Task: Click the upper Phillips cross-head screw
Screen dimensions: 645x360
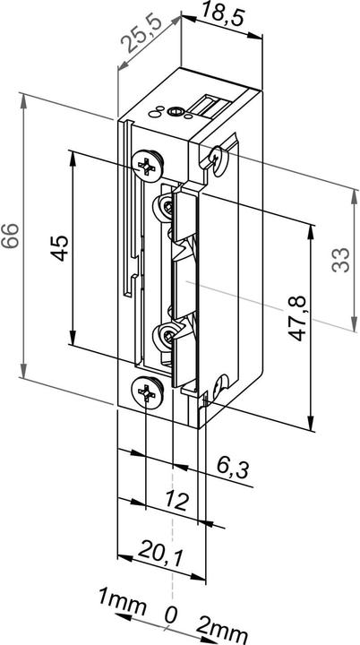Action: tap(147, 163)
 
